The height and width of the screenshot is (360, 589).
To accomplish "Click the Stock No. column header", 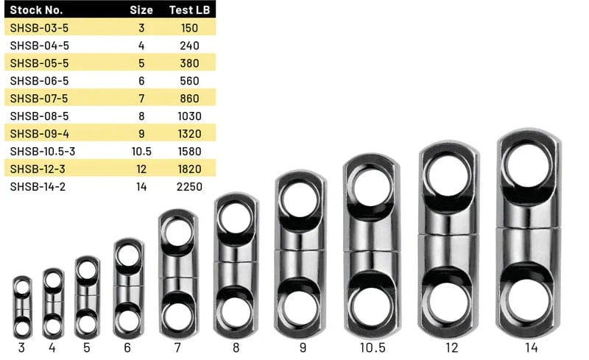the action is [36, 10].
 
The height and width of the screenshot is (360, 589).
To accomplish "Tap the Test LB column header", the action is [189, 10].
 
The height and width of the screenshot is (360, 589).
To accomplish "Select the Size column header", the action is [141, 10].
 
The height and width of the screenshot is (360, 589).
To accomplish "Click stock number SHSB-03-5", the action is [40, 28].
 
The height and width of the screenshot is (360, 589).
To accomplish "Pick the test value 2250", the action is [189, 187].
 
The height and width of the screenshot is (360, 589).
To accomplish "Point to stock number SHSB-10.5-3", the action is [43, 152].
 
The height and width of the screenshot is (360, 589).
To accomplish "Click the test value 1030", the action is [189, 116].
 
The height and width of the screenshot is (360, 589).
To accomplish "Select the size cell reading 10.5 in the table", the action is [141, 152].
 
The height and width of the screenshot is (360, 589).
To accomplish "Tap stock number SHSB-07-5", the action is [39, 99].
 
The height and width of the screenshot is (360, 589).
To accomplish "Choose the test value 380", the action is [189, 63].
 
